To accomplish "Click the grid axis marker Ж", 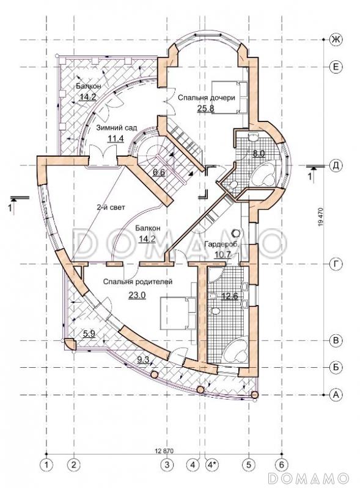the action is point(336,40).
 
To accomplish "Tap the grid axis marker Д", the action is point(336,165).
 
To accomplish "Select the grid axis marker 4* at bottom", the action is point(212,465).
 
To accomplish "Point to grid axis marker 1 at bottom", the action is point(47,465).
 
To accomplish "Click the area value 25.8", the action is point(205,109).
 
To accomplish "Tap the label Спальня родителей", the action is point(138,282).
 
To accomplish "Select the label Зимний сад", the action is point(116,128).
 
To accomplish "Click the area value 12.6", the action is point(229,296).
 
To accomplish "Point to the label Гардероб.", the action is point(221,245).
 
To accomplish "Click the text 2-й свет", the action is point(111,207).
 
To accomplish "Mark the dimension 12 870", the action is point(164,450).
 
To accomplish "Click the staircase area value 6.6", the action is point(159,172).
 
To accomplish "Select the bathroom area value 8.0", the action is point(259,153).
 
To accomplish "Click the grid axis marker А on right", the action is point(336,395).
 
